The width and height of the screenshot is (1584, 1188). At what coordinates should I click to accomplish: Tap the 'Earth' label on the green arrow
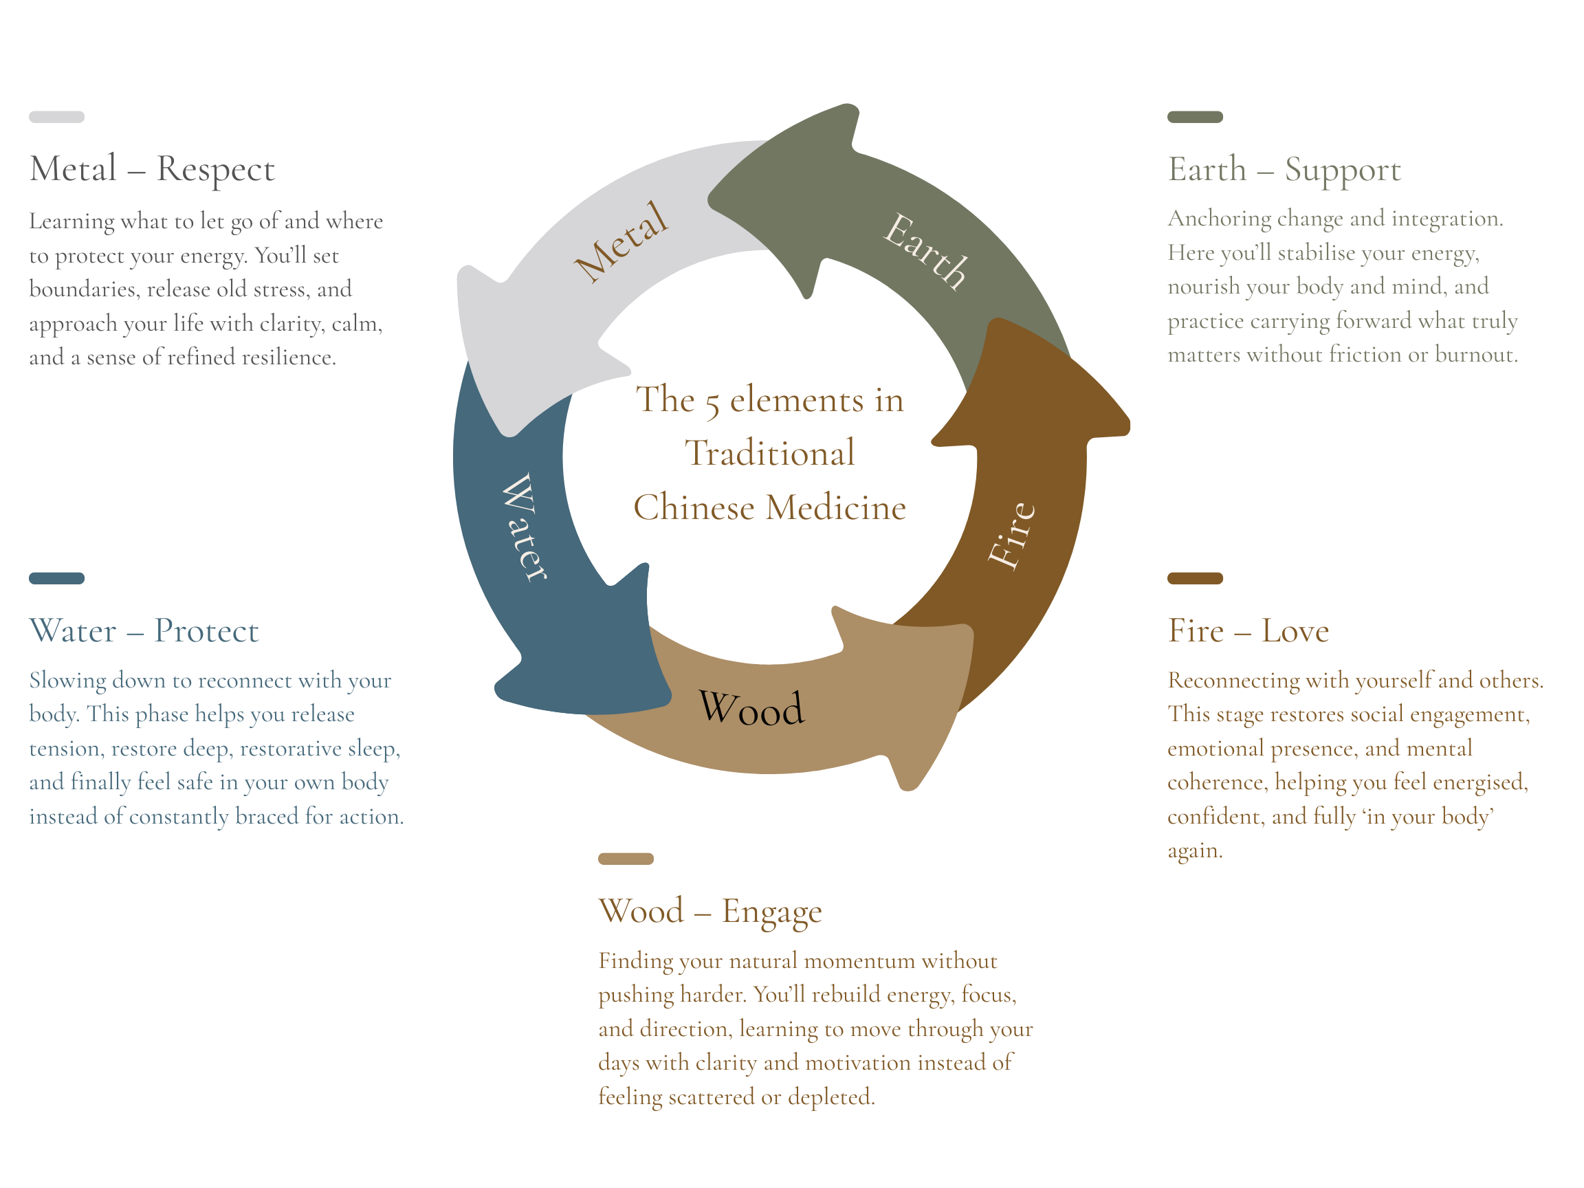click(925, 252)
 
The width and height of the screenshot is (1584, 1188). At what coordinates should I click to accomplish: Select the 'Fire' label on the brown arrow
click(1011, 535)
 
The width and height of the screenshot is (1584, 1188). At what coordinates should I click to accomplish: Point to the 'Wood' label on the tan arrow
click(751, 709)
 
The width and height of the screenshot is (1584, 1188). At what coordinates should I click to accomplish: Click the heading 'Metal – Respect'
click(152, 170)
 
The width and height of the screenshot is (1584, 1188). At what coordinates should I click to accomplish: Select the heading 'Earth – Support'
click(1284, 170)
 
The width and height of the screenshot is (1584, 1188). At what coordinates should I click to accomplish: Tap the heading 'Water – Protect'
click(144, 631)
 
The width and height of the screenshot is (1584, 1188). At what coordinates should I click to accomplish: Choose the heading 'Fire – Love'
click(1248, 631)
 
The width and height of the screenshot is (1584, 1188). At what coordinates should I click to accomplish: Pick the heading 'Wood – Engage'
click(709, 912)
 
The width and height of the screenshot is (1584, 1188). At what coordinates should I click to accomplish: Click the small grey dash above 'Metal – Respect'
click(56, 117)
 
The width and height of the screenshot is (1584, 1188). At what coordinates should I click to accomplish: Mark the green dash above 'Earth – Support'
click(1195, 117)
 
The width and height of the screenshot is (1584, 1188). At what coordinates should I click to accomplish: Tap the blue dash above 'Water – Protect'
click(56, 578)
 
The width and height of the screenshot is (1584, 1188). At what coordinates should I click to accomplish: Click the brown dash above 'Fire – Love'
click(1195, 578)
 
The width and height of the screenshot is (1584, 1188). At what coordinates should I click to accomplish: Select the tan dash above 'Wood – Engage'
click(626, 859)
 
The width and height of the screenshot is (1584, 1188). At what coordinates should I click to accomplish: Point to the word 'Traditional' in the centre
click(770, 452)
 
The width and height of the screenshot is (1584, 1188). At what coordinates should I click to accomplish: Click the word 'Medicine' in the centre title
click(836, 507)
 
